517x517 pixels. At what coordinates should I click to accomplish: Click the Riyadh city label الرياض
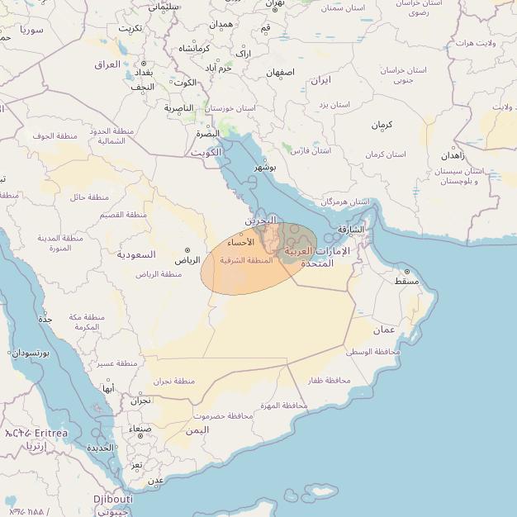(x=187, y=260)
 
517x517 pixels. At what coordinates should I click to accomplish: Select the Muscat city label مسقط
(x=406, y=282)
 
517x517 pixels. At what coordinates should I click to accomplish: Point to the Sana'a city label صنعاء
(x=140, y=429)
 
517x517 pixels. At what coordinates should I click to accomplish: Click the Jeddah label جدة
(x=45, y=318)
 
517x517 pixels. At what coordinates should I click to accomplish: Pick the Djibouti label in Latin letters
(x=112, y=500)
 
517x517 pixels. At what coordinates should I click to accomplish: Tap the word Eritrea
(x=51, y=433)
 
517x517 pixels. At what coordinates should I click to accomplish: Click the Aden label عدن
(x=154, y=480)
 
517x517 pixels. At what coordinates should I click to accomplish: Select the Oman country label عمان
(x=384, y=330)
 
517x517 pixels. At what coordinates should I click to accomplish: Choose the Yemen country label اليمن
(x=197, y=430)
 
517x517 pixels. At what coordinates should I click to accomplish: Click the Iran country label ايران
(x=320, y=80)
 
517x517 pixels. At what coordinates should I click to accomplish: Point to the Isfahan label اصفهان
(x=280, y=73)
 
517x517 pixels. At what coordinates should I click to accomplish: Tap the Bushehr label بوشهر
(x=265, y=168)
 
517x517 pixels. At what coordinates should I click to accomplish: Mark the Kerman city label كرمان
(x=381, y=125)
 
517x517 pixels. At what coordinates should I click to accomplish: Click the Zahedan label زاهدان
(x=453, y=154)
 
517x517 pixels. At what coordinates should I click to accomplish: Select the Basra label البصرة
(x=208, y=133)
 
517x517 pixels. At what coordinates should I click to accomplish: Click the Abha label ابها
(x=108, y=388)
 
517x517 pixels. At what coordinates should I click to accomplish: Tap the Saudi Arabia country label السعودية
(x=135, y=254)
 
